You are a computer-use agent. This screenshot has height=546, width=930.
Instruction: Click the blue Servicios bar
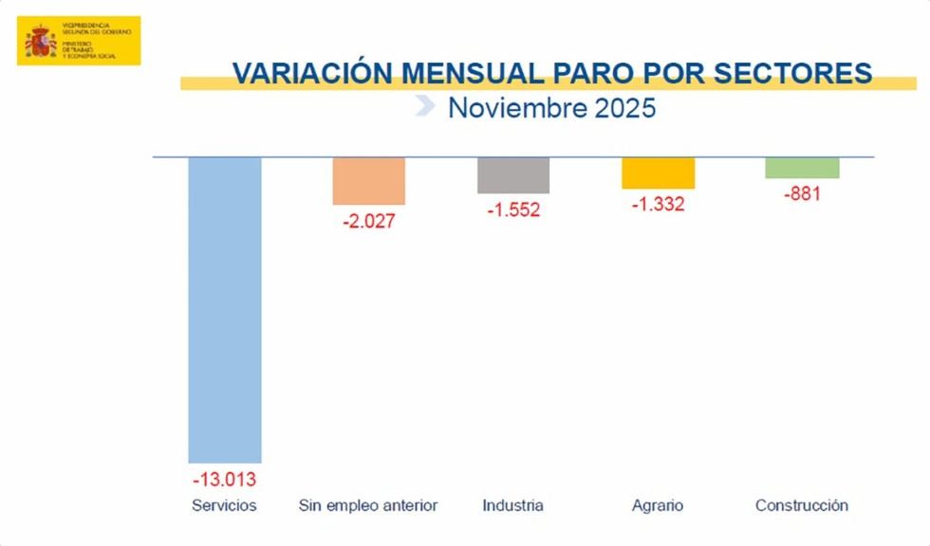pos(225,309)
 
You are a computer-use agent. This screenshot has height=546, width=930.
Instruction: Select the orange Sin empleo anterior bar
pos(369,181)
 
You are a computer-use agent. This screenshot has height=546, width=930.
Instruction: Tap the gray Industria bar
pos(513,175)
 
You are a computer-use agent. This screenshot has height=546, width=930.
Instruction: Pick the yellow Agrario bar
pos(659,173)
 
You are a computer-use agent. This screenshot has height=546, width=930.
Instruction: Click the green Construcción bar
pos(803,168)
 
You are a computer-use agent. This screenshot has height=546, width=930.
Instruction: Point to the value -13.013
pos(225,479)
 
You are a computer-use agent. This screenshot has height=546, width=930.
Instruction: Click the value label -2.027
pos(368,222)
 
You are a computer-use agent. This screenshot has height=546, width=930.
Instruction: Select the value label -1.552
pos(513,210)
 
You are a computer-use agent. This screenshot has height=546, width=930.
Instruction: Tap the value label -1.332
pos(658,205)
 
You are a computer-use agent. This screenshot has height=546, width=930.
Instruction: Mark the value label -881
pos(802,194)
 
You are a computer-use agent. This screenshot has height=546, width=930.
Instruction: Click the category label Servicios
pos(224,505)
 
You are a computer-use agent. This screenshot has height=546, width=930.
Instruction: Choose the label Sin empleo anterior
pos(368,505)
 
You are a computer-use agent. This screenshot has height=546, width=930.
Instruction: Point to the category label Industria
pos(512,505)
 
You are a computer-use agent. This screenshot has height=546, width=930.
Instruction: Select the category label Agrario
pos(657,505)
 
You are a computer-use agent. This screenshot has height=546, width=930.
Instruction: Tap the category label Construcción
pos(802,505)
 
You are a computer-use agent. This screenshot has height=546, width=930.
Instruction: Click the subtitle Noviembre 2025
pos(551,107)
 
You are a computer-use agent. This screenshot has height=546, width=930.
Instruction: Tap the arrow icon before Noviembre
pos(426,105)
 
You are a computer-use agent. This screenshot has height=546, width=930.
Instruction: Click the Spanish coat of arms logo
pos(40,42)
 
